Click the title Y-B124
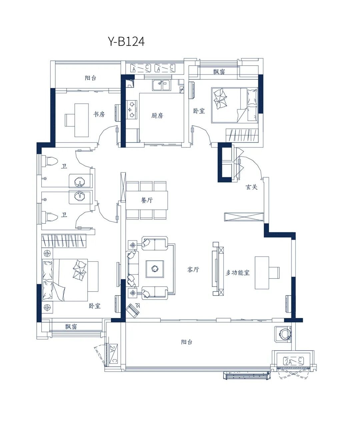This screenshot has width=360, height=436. coord(126,41)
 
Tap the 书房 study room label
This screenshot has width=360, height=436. coord(99,114)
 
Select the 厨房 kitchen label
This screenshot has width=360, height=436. coord(157,115)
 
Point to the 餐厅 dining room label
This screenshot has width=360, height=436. coord(147,200)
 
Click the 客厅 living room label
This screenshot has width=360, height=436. coord(193,270)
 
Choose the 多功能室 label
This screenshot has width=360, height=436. coord(237,273)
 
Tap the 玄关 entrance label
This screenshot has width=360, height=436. coord(251,187)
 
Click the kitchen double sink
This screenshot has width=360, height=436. coord(161,85)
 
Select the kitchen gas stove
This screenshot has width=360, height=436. coord(132,110)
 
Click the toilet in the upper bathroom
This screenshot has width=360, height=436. coord(50,161)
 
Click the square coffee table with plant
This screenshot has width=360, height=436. coord(155,269)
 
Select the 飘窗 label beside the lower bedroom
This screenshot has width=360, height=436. coord(71,327)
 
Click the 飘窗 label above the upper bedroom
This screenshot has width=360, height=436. coord(219,72)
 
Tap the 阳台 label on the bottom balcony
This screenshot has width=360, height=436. coord(187,342)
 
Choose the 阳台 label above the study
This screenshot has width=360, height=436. coord(90,78)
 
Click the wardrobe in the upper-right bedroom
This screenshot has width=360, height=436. coord(242,135)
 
